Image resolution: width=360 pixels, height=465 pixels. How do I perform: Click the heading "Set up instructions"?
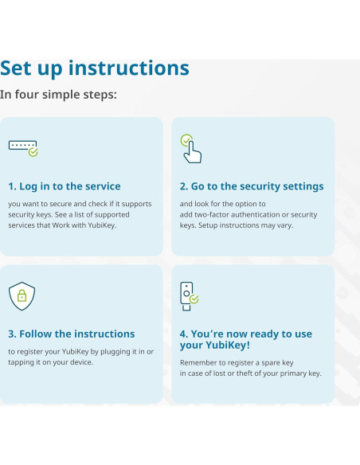95,68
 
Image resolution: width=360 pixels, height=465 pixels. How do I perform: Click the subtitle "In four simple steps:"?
58,95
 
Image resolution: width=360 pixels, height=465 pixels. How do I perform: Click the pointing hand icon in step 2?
191,149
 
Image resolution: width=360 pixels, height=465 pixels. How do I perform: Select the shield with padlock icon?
22,296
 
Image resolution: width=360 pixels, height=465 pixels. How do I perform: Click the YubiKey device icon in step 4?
190,296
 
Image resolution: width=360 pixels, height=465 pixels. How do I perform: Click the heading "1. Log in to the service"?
65,186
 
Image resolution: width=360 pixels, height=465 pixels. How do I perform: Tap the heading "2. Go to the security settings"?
252,186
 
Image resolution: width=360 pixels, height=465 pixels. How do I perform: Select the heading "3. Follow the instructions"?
72,334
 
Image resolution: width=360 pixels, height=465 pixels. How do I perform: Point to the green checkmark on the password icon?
33,152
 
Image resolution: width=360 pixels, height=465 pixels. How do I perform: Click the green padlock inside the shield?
22,295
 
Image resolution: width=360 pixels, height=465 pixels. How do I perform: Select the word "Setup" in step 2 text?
207,225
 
